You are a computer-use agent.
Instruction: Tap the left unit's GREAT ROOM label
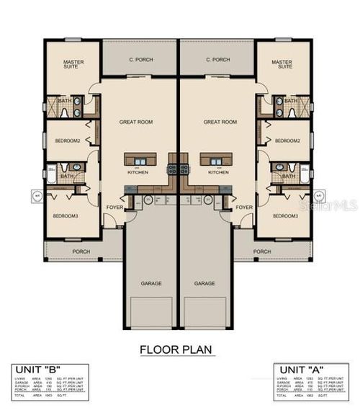[136, 122]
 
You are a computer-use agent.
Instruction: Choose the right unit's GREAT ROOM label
[220, 122]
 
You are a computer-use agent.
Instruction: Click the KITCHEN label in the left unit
[138, 172]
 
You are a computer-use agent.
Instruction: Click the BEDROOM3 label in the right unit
[287, 215]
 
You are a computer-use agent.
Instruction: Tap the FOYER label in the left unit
[114, 208]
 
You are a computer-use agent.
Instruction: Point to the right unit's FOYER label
[244, 208]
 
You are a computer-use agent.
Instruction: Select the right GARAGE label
[204, 283]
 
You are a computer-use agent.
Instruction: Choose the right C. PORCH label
[217, 59]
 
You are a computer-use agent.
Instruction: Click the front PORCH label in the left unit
[81, 251]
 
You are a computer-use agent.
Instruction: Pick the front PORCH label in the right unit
[262, 251]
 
